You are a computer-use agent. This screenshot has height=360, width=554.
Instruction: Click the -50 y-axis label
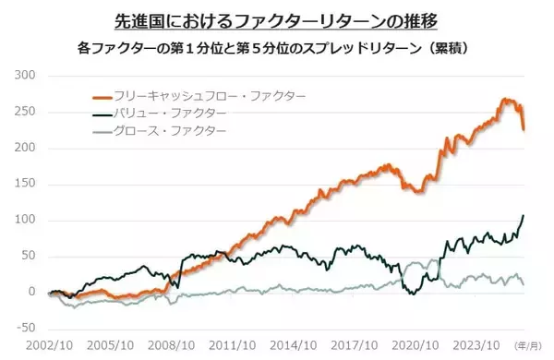coord(24,328)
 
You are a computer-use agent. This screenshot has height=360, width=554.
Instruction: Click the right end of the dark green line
coord(524,215)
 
